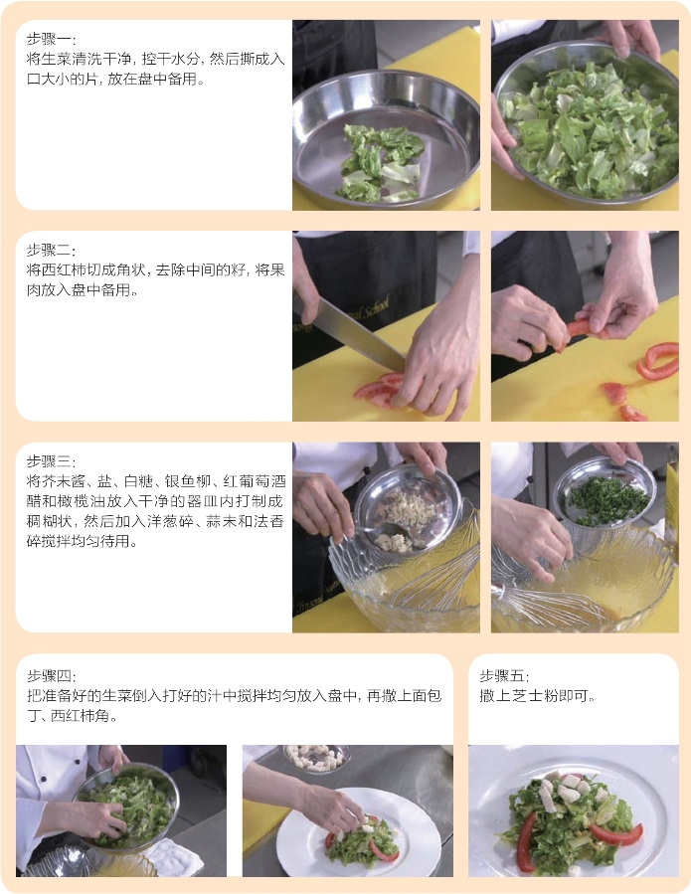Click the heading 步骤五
(x=504, y=676)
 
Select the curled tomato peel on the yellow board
(x=658, y=360)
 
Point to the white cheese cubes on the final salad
(x=568, y=790)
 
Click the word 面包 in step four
(x=427, y=696)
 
